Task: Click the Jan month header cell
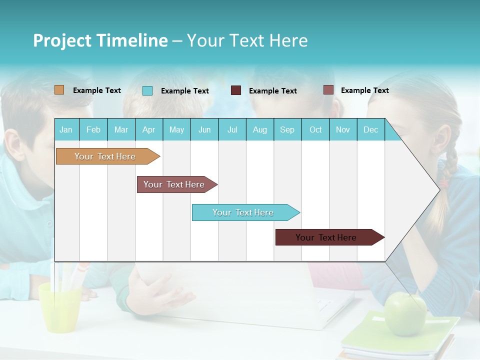click(66, 129)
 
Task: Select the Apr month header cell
click(149, 129)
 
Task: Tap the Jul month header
click(232, 129)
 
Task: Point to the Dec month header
click(370, 129)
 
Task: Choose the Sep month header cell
click(287, 129)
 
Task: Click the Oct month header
click(315, 129)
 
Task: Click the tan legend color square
click(59, 90)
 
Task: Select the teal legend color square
click(147, 90)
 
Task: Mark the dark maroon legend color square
click(236, 90)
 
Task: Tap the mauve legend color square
click(328, 90)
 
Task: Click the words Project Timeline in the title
click(100, 40)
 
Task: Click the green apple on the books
click(405, 313)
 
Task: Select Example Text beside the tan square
click(97, 90)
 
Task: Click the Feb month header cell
click(93, 129)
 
